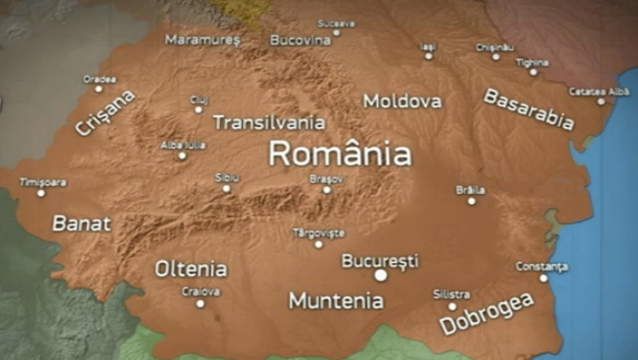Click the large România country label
339,154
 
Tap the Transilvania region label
268,124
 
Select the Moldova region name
402,101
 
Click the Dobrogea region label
487,313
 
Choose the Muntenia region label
335,301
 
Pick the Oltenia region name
191,269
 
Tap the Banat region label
81,223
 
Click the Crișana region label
106,114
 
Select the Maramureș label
203,39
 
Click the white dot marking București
380,276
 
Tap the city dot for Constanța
543,278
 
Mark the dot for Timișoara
41,193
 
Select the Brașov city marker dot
326,190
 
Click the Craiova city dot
200,304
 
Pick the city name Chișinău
495,47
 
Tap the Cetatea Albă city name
600,91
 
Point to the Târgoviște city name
318,233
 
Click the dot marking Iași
429,56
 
